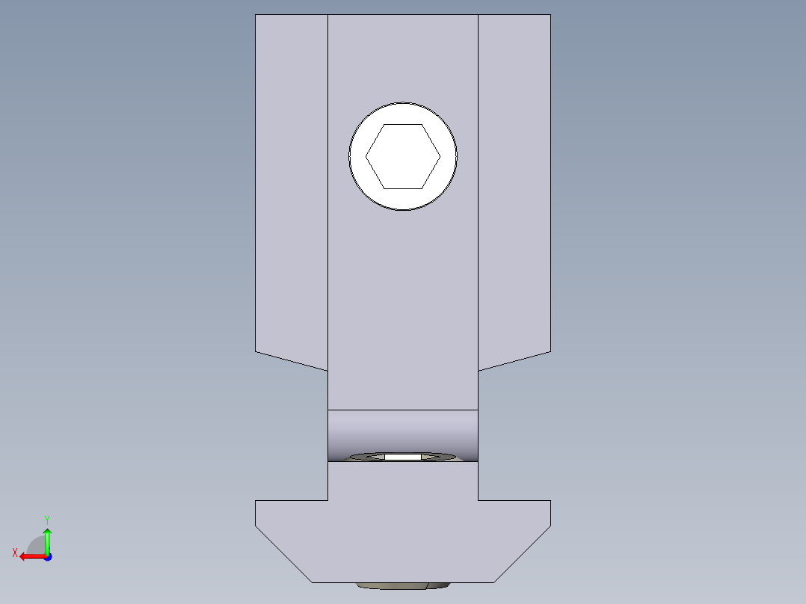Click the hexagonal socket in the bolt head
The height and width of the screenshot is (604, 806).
(403, 156)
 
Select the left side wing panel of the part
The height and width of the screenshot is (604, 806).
(292, 187)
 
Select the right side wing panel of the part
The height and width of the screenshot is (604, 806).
(514, 187)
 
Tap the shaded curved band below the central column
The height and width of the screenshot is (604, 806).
(403, 431)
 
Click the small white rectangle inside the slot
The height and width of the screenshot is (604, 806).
(403, 456)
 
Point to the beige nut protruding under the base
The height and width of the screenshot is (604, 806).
(403, 586)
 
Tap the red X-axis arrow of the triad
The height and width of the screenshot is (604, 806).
(31, 556)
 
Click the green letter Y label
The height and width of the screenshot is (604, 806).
(46, 519)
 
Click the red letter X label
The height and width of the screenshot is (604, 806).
(14, 552)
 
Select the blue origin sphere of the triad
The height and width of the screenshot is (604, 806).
(47, 557)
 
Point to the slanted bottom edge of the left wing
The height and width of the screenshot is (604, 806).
(292, 360)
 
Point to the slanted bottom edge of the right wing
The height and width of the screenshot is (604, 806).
(514, 360)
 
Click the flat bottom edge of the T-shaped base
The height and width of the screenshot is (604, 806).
(403, 582)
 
